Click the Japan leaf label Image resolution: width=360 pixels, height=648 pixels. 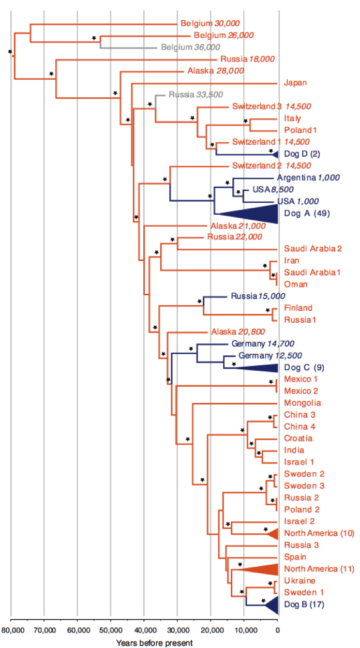coord(295,83)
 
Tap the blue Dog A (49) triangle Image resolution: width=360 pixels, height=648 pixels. coord(259,214)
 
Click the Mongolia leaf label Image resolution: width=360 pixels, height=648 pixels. coord(303,403)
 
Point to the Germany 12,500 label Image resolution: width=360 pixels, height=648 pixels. coord(270,356)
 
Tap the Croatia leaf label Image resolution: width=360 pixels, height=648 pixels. coord(298,439)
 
